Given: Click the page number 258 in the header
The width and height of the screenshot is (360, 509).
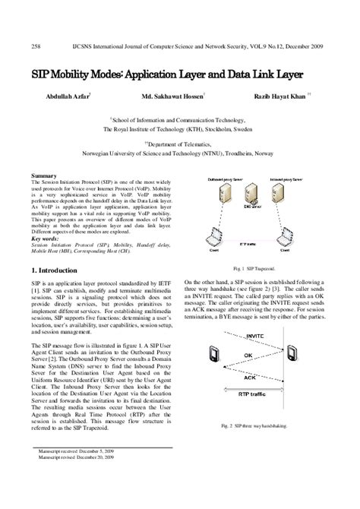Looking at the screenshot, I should pyautogui.click(x=35, y=45).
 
